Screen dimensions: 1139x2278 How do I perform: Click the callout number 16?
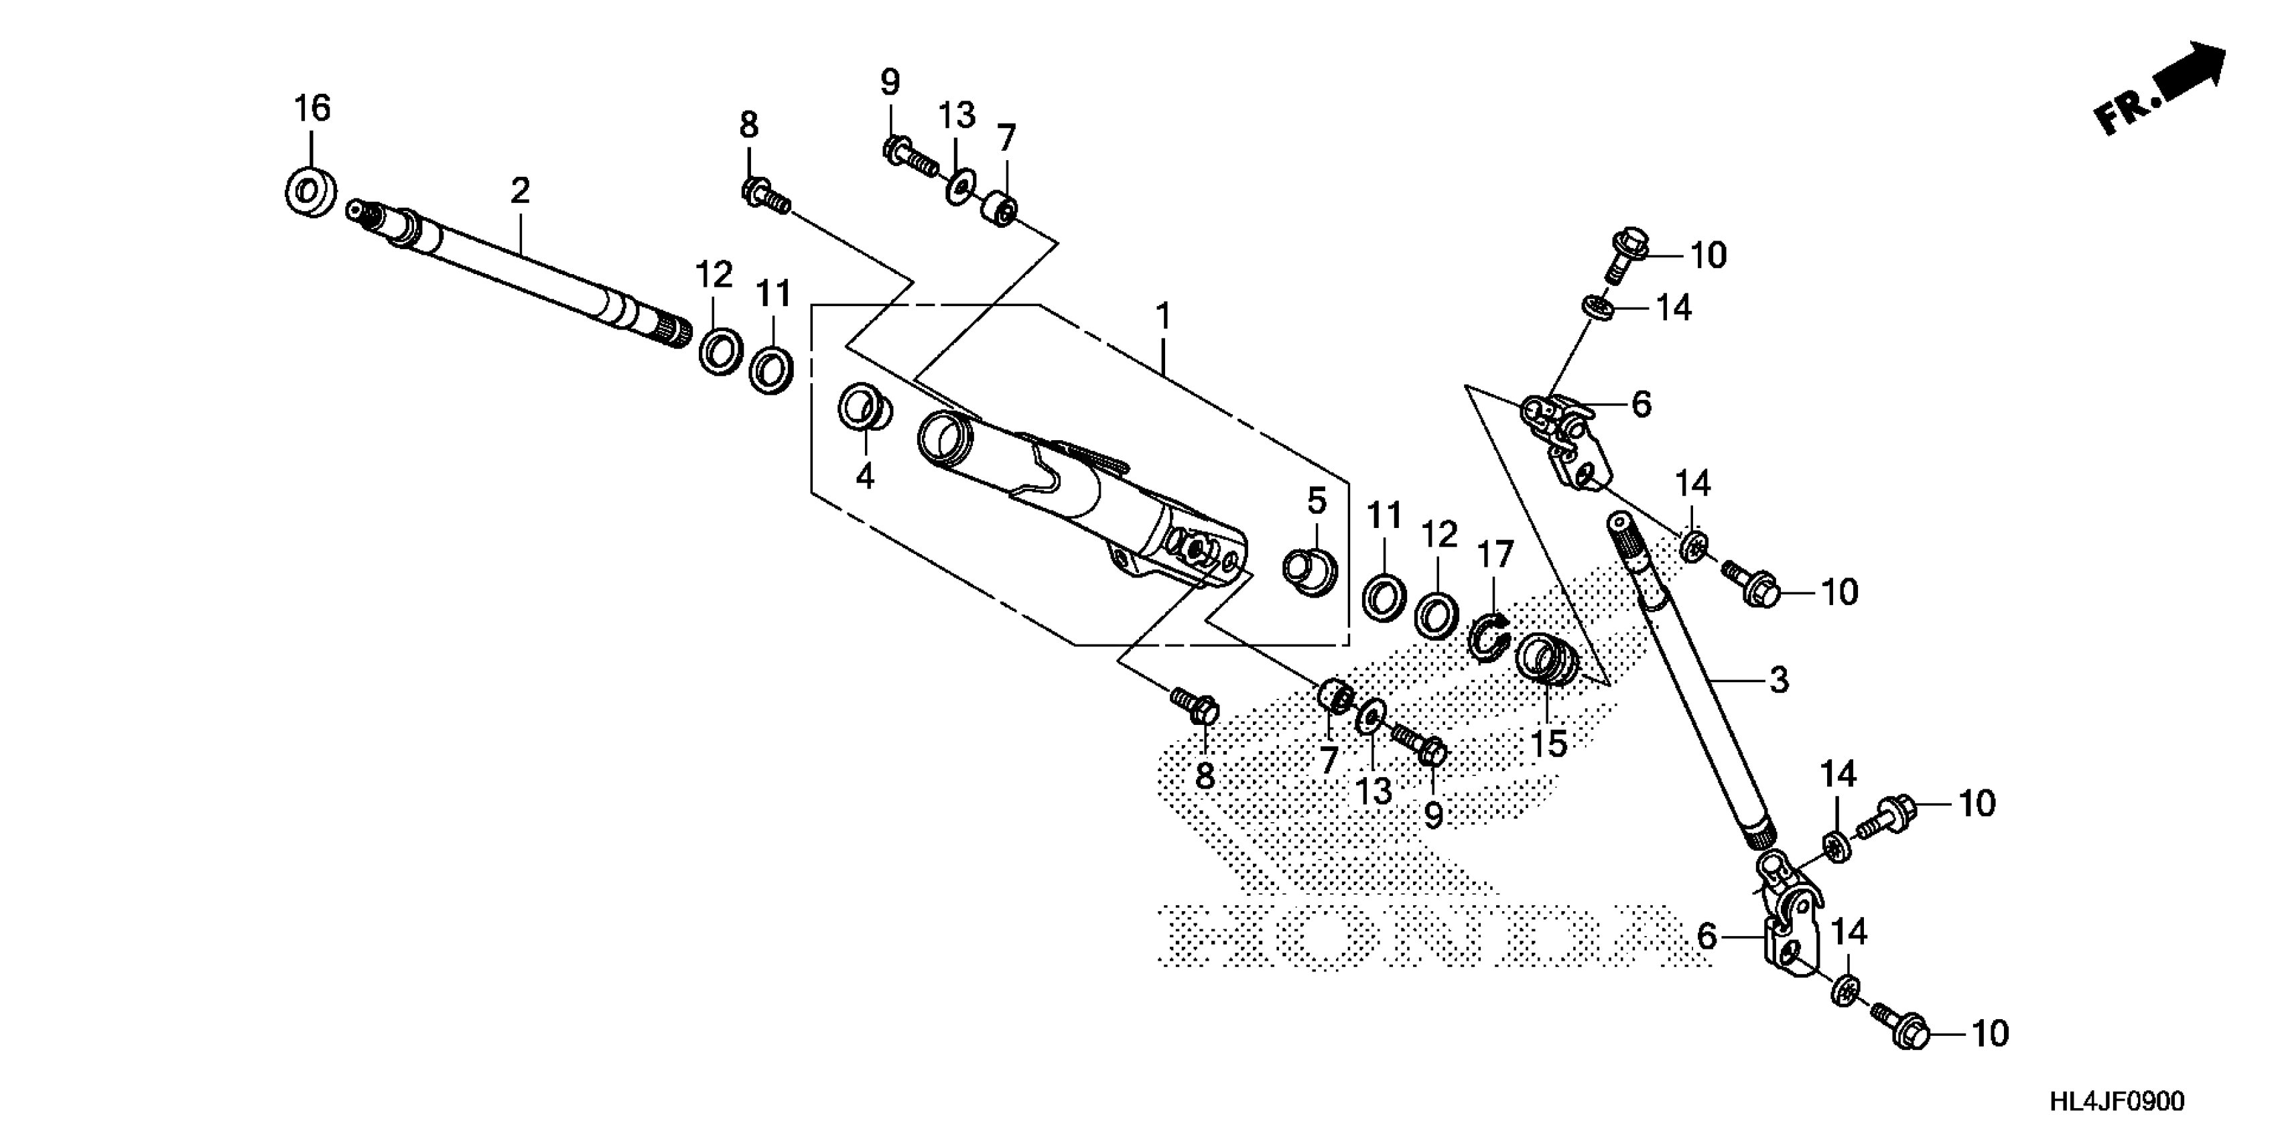[312, 109]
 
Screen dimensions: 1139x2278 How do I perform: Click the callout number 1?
[1164, 316]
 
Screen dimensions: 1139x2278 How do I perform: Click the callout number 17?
[1495, 555]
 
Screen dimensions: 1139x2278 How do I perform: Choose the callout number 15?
[1549, 744]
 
